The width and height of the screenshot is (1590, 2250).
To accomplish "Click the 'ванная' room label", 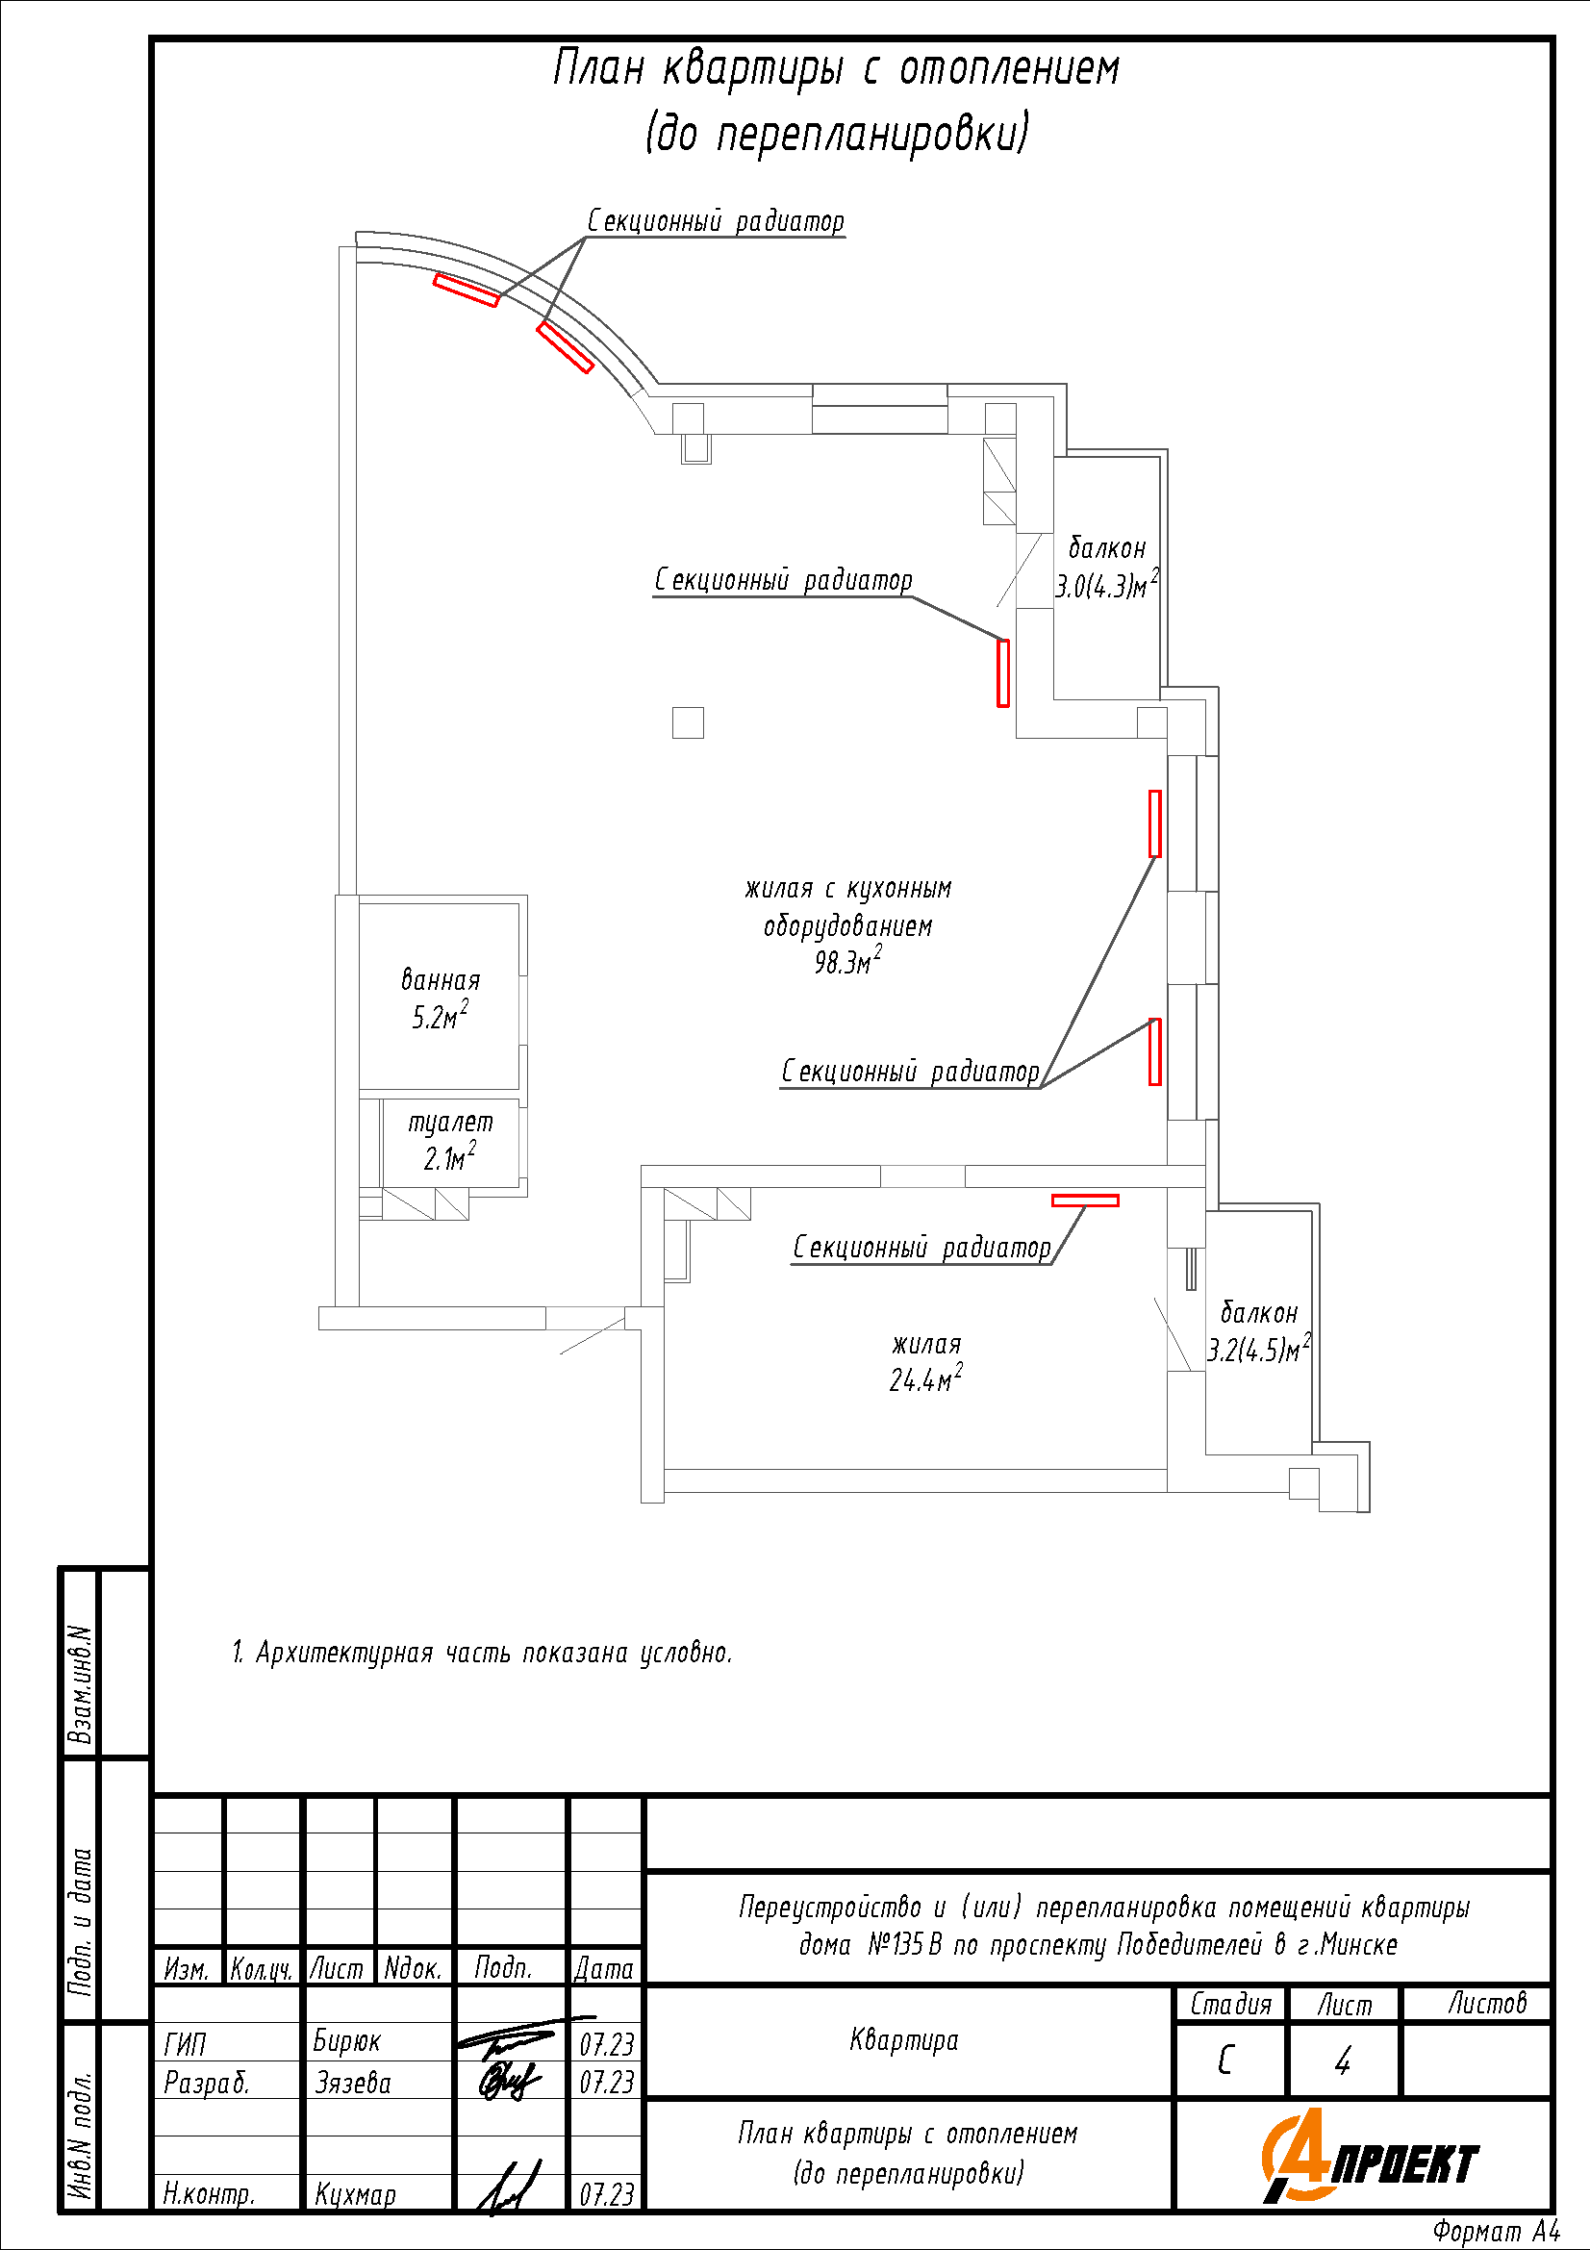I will pos(441,980).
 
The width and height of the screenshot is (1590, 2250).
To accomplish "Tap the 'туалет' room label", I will pos(451,1123).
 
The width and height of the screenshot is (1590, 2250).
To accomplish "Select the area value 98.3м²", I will pos(847,961).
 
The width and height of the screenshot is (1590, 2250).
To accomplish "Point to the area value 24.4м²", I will pos(924,1378).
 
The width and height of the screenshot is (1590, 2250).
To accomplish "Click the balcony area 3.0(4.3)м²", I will pos(1106,586).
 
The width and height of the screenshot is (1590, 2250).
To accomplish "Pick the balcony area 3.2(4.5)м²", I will pos(1258,1351).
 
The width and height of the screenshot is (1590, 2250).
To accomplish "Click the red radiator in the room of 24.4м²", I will pos(1084,1200).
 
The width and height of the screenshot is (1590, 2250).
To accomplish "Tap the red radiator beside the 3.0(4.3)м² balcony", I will pos(1002,672).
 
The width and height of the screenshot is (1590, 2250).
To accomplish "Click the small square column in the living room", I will pos(688,722).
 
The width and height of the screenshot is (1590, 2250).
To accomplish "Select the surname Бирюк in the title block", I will pos(347,2041).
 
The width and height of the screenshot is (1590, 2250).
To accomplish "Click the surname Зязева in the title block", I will pos(353,2082).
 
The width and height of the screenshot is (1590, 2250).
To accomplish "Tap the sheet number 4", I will pos(1342,2060).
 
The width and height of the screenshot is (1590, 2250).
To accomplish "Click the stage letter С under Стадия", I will pos(1225,2060).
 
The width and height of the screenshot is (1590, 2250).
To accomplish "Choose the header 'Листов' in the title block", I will pos(1487,2003).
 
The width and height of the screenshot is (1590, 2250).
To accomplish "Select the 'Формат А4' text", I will pos(1495,2232).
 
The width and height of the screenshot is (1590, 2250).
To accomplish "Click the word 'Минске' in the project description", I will pos(1360,1944).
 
